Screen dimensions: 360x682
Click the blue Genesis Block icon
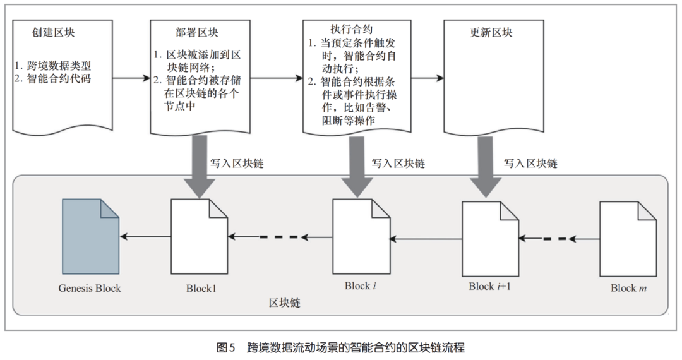click(90, 236)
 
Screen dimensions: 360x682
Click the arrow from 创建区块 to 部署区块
click(131, 79)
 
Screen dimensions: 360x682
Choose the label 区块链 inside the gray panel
click(284, 303)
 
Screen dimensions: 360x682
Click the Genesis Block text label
click(90, 288)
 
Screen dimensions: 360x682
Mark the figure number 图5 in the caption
click(225, 347)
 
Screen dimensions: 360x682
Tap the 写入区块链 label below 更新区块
click(530, 163)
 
